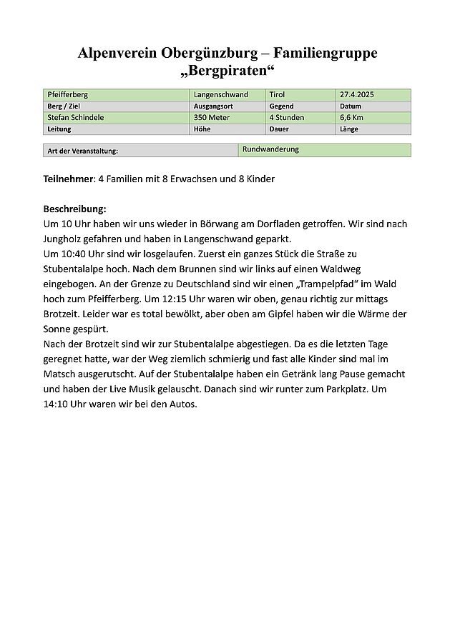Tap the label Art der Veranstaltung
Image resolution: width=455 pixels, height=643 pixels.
click(x=82, y=151)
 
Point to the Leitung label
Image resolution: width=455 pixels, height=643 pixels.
click(x=60, y=129)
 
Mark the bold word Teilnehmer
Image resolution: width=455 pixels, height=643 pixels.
click(x=68, y=179)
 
